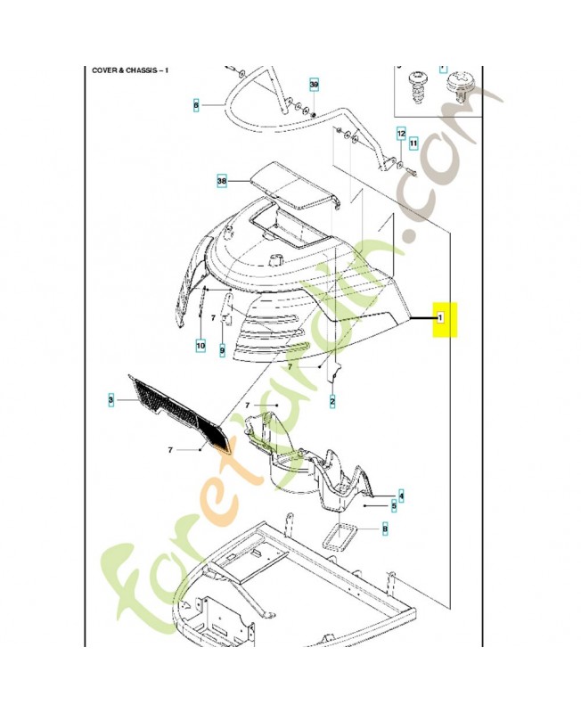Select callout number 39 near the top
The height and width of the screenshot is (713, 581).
(314, 85)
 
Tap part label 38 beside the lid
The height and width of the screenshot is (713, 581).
(222, 181)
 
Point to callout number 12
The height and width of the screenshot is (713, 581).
(401, 132)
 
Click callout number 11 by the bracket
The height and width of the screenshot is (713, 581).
(413, 142)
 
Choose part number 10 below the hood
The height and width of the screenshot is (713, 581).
(201, 344)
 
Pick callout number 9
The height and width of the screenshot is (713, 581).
(222, 350)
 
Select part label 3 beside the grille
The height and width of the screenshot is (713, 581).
(111, 401)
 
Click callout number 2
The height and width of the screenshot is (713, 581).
(331, 401)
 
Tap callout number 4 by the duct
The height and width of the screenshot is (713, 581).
(401, 495)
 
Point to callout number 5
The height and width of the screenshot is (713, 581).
(394, 506)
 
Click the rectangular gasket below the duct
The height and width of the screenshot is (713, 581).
(339, 538)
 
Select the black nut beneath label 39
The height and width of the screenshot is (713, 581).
(314, 113)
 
